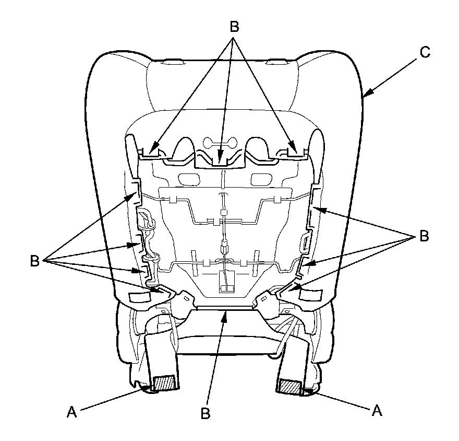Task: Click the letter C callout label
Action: click(x=425, y=52)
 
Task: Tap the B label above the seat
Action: click(x=234, y=27)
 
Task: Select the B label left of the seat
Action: click(x=35, y=261)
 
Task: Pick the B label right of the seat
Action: click(x=424, y=236)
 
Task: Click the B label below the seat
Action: click(x=206, y=413)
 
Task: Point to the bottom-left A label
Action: click(x=72, y=412)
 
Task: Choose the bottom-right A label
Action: click(x=377, y=410)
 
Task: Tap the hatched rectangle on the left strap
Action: click(x=165, y=382)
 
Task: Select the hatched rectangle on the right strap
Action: click(x=291, y=386)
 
